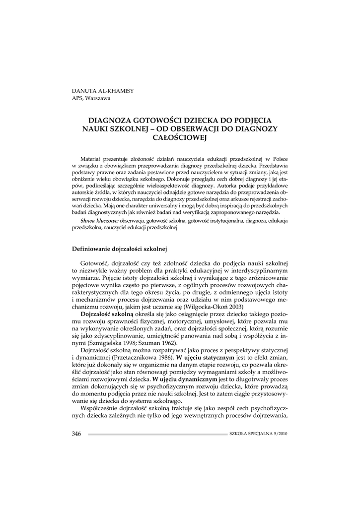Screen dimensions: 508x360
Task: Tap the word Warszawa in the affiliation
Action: pyautogui.click(x=97, y=97)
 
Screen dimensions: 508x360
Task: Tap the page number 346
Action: pyautogui.click(x=76, y=434)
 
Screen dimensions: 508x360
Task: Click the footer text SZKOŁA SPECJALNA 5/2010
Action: pyautogui.click(x=259, y=434)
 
